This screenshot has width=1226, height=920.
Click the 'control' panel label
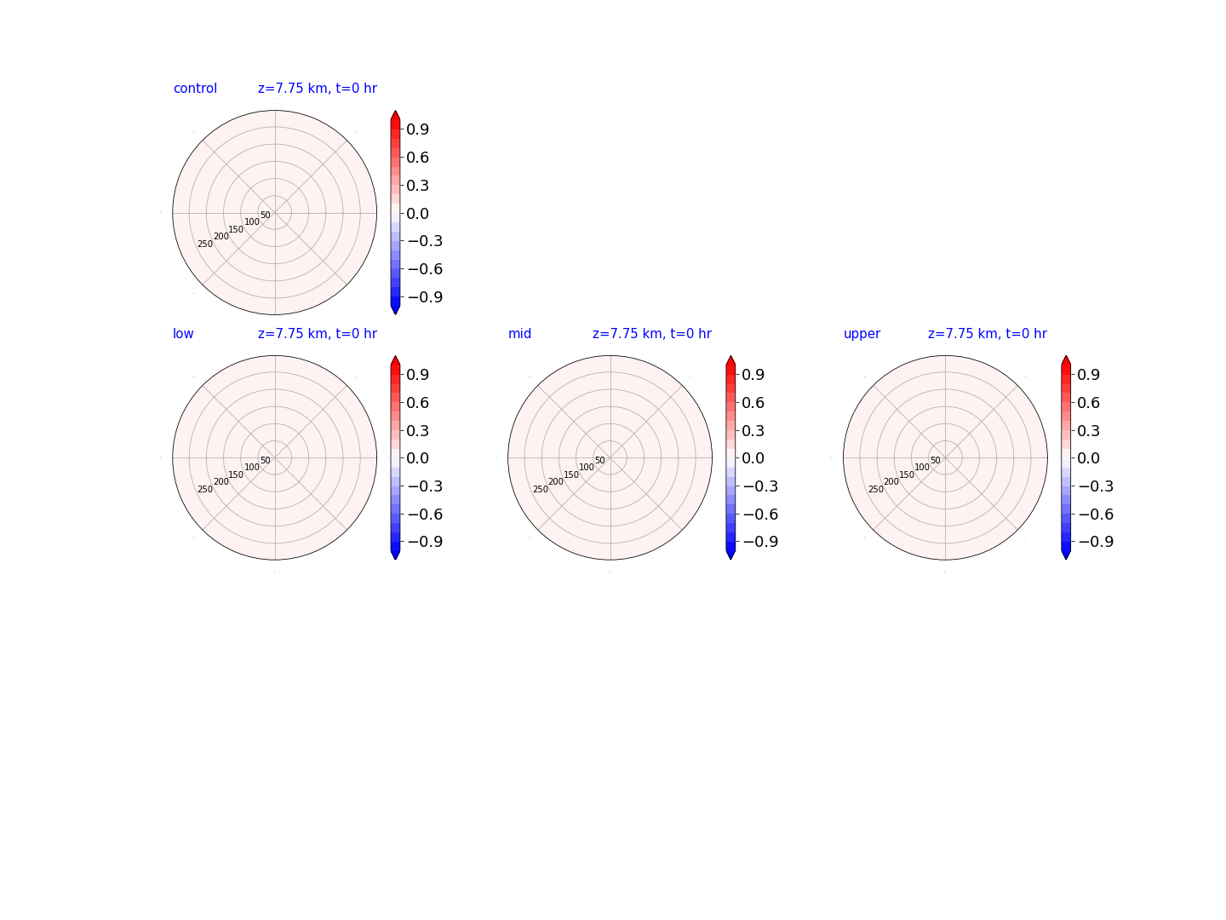point(195,89)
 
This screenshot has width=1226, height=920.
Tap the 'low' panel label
point(183,333)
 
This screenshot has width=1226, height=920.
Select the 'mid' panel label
point(519,333)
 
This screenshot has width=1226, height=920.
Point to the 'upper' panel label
point(862,334)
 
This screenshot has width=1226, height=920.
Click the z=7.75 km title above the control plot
point(318,89)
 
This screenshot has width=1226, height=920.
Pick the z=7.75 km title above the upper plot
point(988,333)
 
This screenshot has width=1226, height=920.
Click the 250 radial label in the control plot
point(205,244)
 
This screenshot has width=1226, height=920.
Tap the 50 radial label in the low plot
point(266,460)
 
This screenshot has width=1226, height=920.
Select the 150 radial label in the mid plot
point(571,474)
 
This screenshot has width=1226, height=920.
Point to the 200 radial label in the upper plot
point(891,481)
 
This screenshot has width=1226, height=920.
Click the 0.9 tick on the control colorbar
point(417,129)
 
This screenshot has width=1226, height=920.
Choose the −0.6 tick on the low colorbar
point(425,515)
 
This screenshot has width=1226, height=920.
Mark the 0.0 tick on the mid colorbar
point(753,458)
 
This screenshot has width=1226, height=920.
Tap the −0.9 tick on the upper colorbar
point(1096,542)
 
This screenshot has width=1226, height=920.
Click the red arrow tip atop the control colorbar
point(395,111)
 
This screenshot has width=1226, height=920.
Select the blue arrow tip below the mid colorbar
point(730,559)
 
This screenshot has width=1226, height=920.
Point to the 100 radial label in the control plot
point(252,221)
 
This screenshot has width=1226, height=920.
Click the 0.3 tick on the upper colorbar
point(1088,431)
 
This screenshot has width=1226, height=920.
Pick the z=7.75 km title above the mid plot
point(652,333)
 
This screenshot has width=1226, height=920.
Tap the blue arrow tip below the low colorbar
point(395,559)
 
